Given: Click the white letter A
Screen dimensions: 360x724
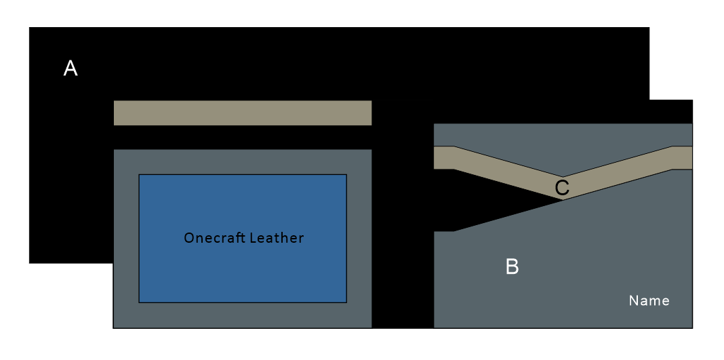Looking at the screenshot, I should tap(70, 68).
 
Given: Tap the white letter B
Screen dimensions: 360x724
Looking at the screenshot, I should tap(512, 267).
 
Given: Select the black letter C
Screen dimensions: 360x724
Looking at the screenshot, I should tap(562, 188).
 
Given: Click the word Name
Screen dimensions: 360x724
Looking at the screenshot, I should tap(649, 300).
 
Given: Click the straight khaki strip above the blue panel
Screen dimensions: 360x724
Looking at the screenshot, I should tap(242, 113).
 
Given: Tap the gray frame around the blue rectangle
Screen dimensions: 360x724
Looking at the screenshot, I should tap(126, 237).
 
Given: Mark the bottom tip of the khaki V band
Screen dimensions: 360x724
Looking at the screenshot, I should tap(562, 199).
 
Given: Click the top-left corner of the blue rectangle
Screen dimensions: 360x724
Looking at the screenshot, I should tap(140, 175).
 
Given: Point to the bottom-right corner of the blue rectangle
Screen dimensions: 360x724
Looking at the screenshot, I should tap(346, 302).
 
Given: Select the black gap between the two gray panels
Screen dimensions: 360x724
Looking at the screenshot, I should tap(402, 237).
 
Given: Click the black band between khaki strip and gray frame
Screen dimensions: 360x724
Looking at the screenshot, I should tap(242, 137).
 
